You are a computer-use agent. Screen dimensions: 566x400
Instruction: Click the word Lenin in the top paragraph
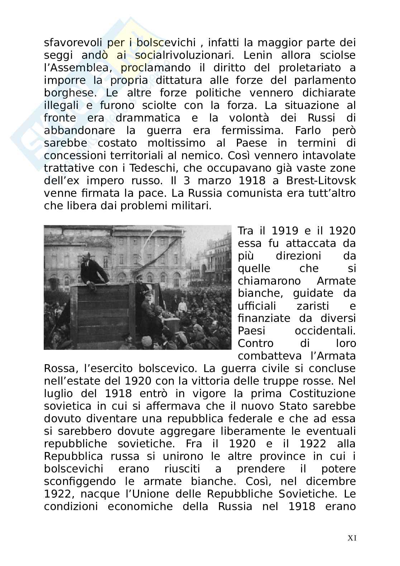(x=258, y=55)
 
